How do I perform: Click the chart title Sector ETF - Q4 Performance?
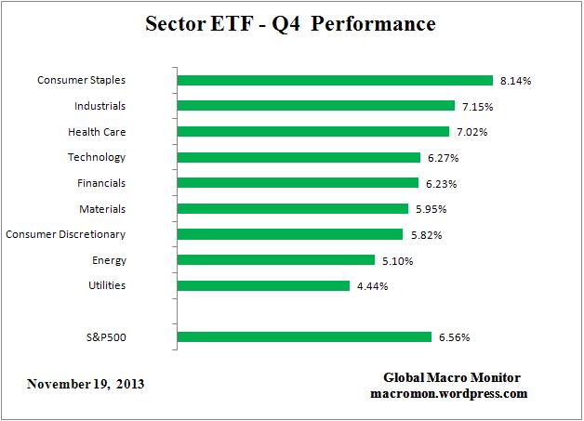point(290,24)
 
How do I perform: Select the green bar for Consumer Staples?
point(334,80)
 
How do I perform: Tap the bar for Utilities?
point(262,285)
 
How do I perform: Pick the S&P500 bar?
point(303,336)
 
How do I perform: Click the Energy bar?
point(274,260)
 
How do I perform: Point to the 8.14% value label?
point(514,81)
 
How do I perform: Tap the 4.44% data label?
point(371,286)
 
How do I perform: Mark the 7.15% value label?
point(476,107)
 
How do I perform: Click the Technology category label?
point(97,157)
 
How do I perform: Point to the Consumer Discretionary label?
point(66,234)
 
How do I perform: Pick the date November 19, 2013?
point(86,383)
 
